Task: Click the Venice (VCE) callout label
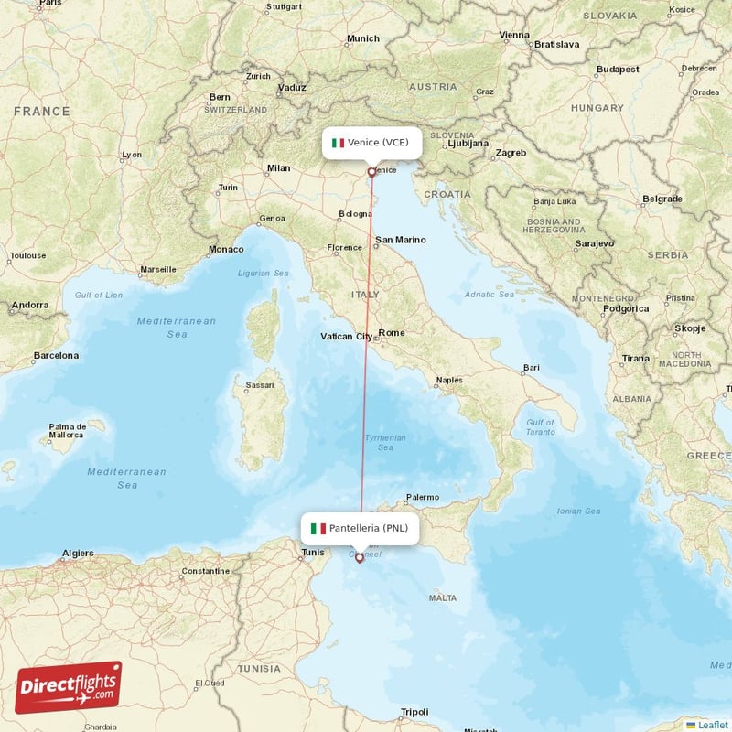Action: tap(372, 143)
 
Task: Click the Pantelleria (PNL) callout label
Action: tap(361, 528)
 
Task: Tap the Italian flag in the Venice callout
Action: tap(338, 143)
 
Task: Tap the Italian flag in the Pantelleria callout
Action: tap(318, 528)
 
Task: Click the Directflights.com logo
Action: tap(69, 687)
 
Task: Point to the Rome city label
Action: tap(392, 332)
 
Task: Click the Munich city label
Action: tap(363, 38)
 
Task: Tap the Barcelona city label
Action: tap(56, 355)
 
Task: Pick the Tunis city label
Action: tap(313, 552)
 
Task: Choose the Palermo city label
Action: tap(423, 497)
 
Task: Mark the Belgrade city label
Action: tap(662, 199)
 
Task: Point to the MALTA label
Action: tap(443, 597)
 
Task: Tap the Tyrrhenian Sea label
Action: tap(385, 443)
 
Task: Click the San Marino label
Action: tap(401, 240)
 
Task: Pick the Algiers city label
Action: tap(77, 553)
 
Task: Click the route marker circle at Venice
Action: tap(371, 171)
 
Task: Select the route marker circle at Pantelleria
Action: tap(360, 557)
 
